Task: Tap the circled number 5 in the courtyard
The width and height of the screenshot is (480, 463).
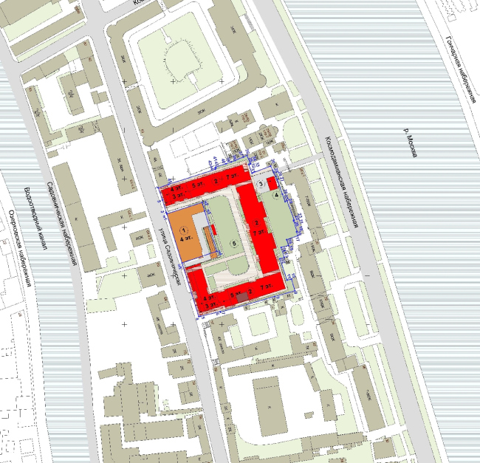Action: click(234, 242)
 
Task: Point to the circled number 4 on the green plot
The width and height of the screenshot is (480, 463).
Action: click(276, 196)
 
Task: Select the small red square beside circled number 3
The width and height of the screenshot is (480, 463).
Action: click(271, 182)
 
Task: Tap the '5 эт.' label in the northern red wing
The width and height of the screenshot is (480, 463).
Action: click(196, 184)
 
